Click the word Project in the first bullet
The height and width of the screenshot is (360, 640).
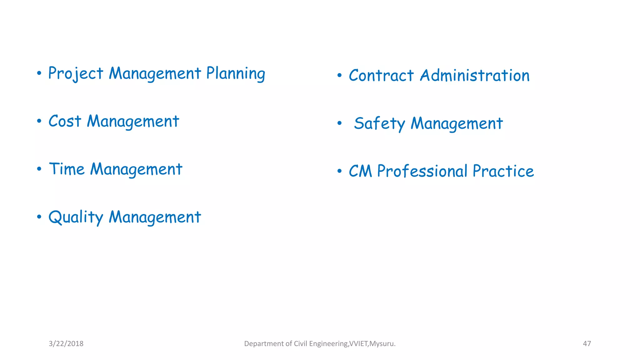[x=75, y=74]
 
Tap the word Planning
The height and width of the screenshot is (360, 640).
[x=236, y=74]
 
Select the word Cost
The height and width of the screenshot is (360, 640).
[x=65, y=121]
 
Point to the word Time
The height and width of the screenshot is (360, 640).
[x=67, y=169]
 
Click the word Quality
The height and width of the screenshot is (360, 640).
[x=76, y=217]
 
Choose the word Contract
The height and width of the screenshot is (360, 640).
[x=381, y=76]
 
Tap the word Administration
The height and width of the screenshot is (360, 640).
[x=475, y=76]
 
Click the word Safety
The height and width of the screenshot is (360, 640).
[x=379, y=123]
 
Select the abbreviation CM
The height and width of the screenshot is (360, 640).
[x=360, y=171]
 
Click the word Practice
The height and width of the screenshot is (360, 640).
[x=503, y=171]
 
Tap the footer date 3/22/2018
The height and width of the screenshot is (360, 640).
[x=66, y=344]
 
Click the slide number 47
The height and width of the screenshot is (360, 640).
[x=587, y=344]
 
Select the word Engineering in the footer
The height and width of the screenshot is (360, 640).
[x=328, y=344]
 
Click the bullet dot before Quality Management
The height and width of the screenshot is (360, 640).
[x=39, y=217]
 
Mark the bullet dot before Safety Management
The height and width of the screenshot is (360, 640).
[x=339, y=123]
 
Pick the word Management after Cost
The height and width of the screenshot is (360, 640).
[x=133, y=122]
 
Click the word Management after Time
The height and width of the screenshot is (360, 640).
[x=136, y=170]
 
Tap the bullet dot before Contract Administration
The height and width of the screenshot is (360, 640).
[x=339, y=75]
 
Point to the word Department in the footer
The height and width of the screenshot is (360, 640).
[x=264, y=344]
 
